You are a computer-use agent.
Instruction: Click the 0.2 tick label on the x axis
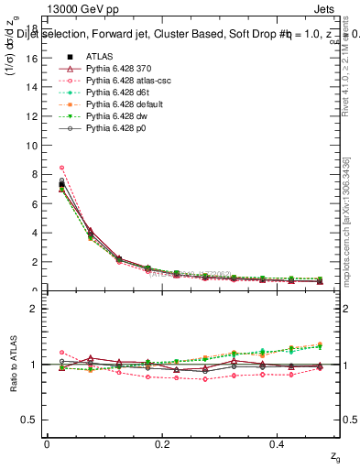point(163,444)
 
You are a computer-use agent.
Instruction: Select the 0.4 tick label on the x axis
point(279,444)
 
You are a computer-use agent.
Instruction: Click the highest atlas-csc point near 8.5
point(61,168)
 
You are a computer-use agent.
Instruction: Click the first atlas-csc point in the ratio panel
point(61,352)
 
